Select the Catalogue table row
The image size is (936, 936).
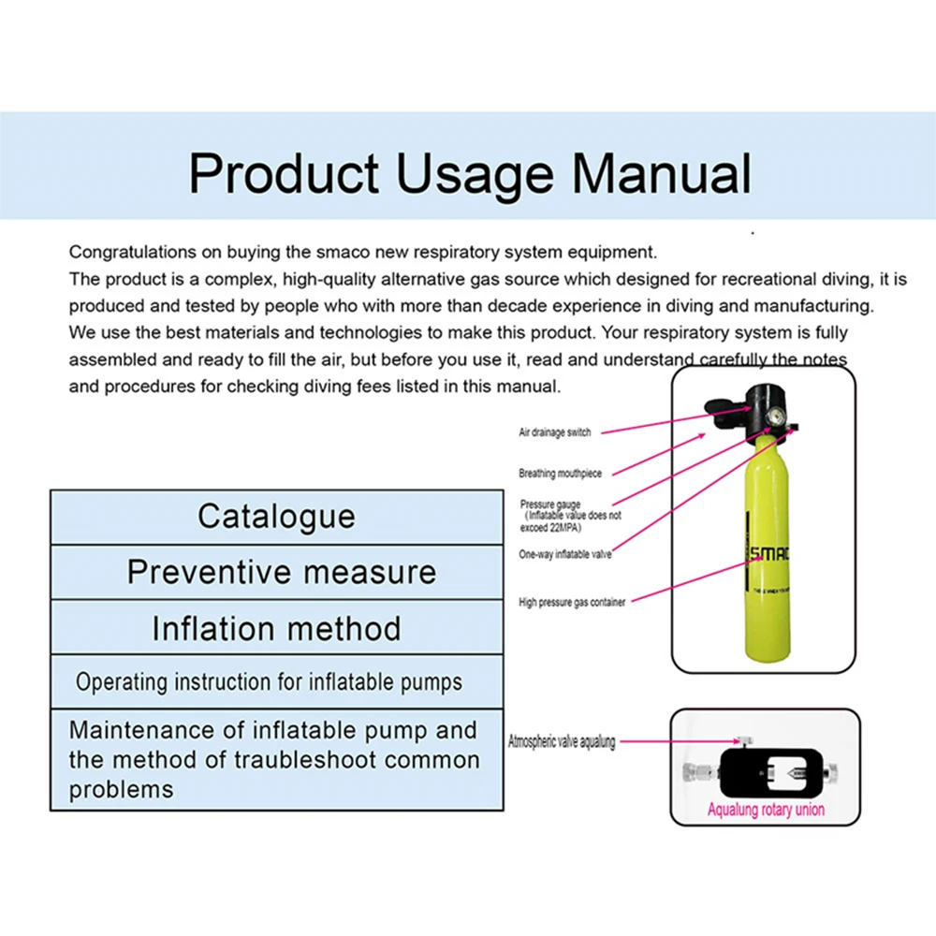(276, 517)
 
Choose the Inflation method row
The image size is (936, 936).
(276, 627)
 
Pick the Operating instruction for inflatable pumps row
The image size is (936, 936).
(269, 681)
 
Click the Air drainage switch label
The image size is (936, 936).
(555, 432)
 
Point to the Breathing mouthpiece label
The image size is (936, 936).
(561, 474)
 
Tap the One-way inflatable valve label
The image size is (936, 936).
(565, 554)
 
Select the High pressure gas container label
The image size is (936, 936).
(572, 602)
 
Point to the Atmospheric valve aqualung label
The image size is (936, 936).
(562, 741)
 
